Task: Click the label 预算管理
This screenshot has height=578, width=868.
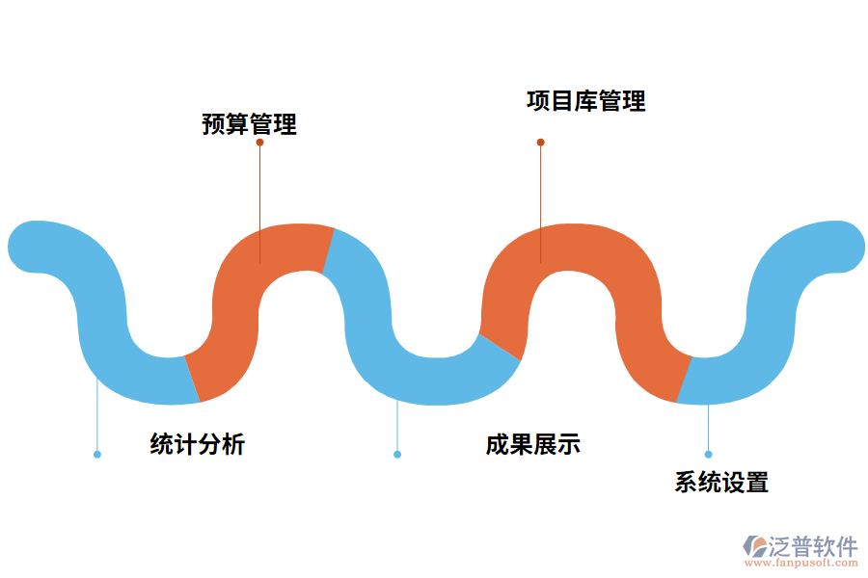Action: click(x=249, y=124)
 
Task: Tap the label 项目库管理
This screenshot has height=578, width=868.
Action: click(x=586, y=101)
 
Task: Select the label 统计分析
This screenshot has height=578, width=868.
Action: click(x=198, y=444)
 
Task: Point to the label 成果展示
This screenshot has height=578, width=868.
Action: click(x=532, y=444)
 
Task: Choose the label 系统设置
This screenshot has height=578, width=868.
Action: click(x=721, y=483)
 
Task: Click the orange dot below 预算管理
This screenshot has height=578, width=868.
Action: click(x=259, y=143)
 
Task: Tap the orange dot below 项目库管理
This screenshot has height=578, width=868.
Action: click(x=540, y=143)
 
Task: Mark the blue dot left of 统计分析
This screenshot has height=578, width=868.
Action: click(x=97, y=454)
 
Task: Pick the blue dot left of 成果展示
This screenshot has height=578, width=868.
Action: click(x=397, y=454)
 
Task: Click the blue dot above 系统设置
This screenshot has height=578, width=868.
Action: click(x=708, y=454)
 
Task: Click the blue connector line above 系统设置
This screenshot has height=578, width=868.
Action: click(x=708, y=429)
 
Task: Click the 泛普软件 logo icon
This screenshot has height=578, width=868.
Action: click(x=753, y=545)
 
